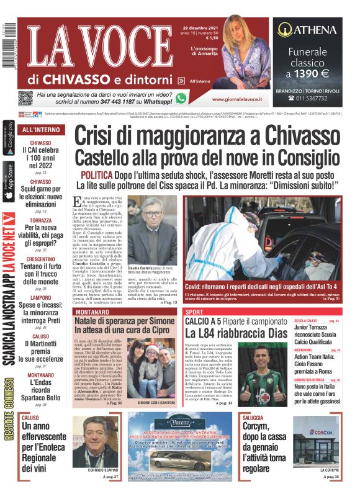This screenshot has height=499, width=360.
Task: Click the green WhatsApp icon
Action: (181, 97)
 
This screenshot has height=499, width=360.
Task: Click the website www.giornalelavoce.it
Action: (235, 99)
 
